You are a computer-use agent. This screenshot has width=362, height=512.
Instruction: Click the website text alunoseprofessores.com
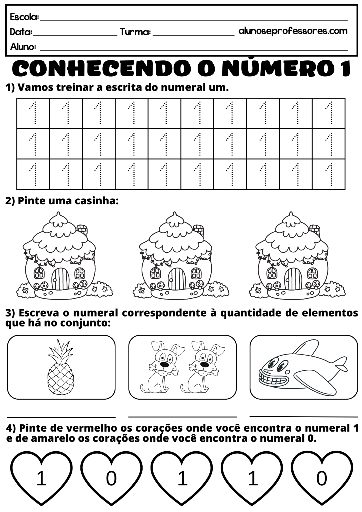[x=293, y=31]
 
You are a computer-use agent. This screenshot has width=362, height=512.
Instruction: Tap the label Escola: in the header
[x=24, y=17]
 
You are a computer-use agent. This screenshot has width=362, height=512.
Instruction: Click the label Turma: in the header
[x=135, y=32]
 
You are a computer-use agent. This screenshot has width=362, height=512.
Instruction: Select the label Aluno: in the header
[x=23, y=47]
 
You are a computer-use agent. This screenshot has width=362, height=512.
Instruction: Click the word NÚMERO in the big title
[x=272, y=68]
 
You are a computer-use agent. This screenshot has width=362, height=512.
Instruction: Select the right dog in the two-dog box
[x=201, y=367]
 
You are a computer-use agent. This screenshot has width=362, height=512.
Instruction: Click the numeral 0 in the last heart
[x=321, y=479]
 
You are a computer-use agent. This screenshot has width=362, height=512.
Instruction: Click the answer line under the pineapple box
[x=61, y=417]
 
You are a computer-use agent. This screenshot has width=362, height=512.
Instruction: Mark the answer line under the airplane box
[x=303, y=417]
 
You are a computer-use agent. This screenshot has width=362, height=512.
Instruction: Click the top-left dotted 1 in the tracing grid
[x=33, y=113]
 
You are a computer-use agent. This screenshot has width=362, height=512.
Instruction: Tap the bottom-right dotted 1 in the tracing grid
[x=329, y=174]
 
